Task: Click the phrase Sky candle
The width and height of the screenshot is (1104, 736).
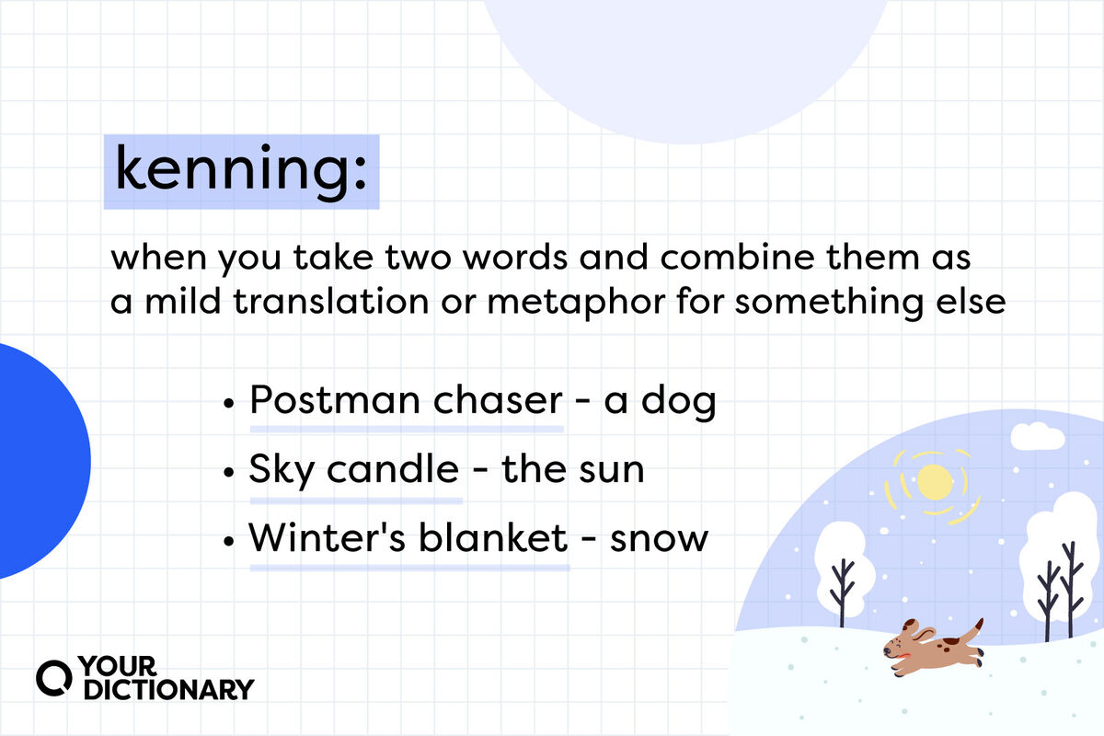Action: point(354,470)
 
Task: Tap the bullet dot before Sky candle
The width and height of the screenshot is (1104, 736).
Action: point(228,472)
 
